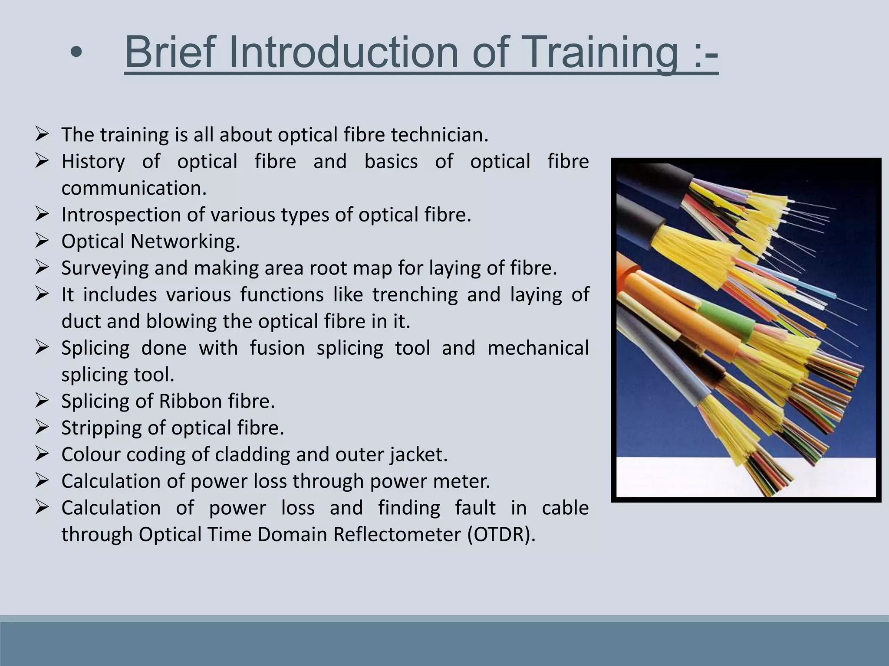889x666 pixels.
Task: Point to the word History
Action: pos(93,162)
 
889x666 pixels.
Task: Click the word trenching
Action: pos(415,295)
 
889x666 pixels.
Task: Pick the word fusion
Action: pos(277,348)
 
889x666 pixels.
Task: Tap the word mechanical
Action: pos(538,348)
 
